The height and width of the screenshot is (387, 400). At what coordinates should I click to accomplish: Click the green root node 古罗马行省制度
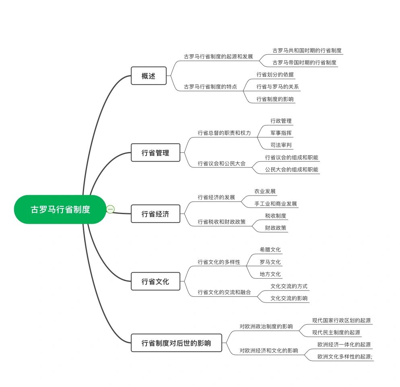[60, 209]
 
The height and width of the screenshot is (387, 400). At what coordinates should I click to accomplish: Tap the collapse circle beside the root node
[110, 209]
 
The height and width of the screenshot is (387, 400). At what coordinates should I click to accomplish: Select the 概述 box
[148, 76]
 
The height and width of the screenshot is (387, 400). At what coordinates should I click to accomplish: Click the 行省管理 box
[155, 152]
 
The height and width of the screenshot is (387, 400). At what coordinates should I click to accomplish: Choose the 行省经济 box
[155, 214]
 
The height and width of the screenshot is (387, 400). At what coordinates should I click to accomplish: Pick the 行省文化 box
[155, 281]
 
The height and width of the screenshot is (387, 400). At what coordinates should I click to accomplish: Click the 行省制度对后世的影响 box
[176, 343]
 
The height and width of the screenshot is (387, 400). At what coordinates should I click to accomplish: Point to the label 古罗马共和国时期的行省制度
[307, 50]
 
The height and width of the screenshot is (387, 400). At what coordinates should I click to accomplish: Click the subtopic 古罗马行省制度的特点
[210, 86]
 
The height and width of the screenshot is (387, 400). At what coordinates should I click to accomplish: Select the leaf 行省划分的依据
[275, 74]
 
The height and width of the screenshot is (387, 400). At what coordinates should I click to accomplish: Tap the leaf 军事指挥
[281, 133]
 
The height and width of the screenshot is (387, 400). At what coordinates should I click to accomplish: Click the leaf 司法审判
[281, 145]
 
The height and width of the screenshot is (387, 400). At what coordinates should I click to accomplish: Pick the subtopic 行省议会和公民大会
[222, 163]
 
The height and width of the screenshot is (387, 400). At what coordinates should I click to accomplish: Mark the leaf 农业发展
[265, 191]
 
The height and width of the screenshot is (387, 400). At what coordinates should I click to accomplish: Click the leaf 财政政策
[276, 228]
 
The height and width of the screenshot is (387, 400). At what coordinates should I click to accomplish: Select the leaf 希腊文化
[270, 249]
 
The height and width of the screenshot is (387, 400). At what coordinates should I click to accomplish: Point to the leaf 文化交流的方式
[289, 286]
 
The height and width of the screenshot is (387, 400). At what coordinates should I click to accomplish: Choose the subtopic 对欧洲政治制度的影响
[266, 326]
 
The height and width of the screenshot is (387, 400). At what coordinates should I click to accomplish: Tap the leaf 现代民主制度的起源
[336, 332]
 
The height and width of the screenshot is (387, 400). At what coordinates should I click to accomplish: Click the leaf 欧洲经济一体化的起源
[344, 344]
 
